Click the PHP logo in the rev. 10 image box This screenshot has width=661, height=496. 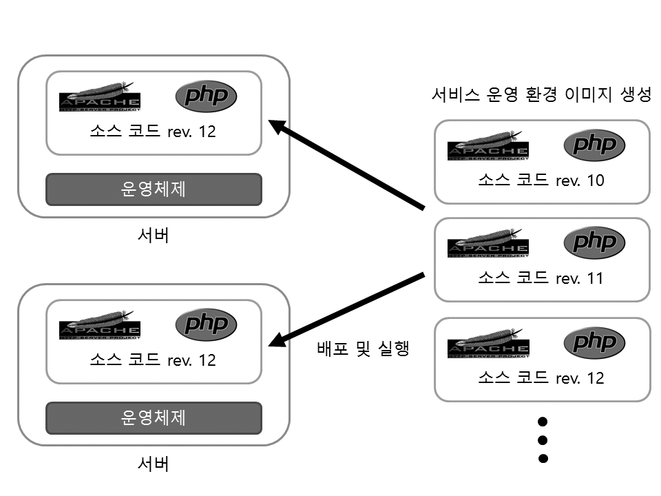(x=594, y=145)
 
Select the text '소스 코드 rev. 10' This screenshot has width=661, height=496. (x=541, y=180)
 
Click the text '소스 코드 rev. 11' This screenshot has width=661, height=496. (x=541, y=278)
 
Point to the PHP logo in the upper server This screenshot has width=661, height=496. (x=206, y=96)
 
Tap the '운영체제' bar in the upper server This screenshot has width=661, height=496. (x=154, y=189)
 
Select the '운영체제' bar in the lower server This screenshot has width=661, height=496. (x=154, y=418)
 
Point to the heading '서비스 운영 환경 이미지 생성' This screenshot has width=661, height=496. (x=541, y=95)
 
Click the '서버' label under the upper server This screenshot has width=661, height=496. (x=154, y=235)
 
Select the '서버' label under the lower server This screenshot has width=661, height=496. (x=154, y=464)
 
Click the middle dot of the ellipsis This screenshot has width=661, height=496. (x=543, y=440)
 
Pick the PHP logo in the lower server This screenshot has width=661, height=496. (x=206, y=324)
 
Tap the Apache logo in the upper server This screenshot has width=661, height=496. (x=100, y=96)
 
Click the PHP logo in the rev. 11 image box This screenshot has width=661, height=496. (x=594, y=242)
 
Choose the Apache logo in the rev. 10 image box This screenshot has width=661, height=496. (x=488, y=146)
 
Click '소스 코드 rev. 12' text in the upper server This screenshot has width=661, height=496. (x=154, y=131)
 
